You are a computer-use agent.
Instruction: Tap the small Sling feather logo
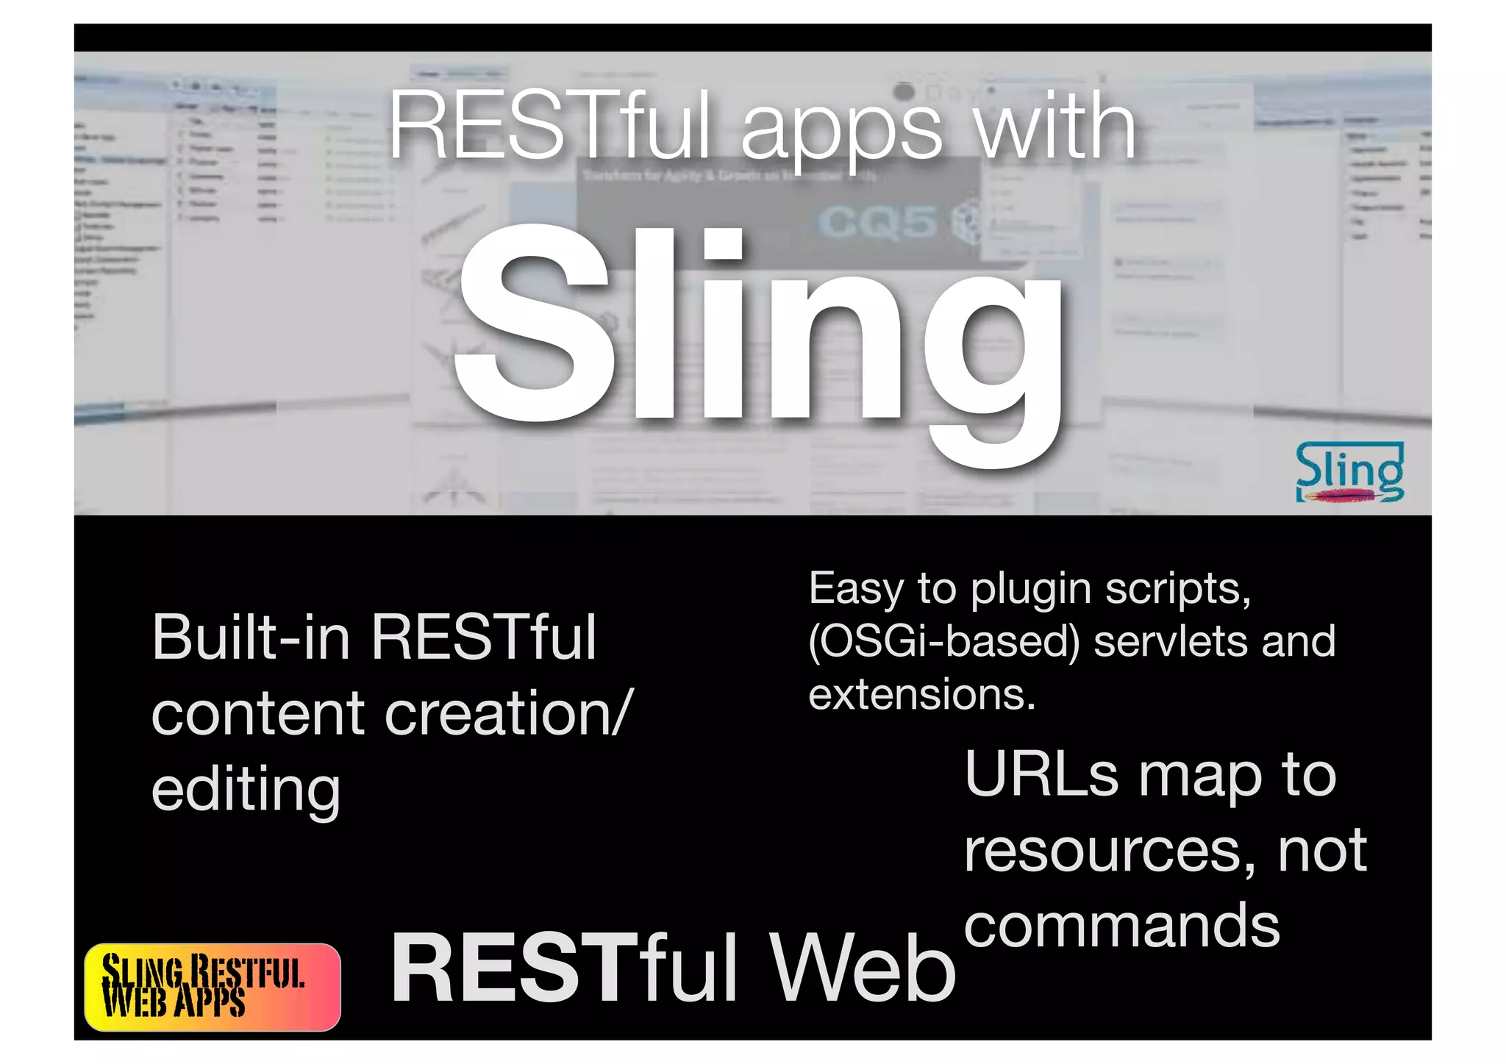1349,473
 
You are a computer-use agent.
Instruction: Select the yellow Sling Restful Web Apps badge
213,987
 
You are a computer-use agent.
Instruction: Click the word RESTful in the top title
549,125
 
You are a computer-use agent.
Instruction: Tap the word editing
246,790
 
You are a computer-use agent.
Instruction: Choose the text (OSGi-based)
944,641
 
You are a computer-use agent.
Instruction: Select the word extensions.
921,694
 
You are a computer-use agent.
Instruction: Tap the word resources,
1110,851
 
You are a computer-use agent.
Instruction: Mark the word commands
1122,926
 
